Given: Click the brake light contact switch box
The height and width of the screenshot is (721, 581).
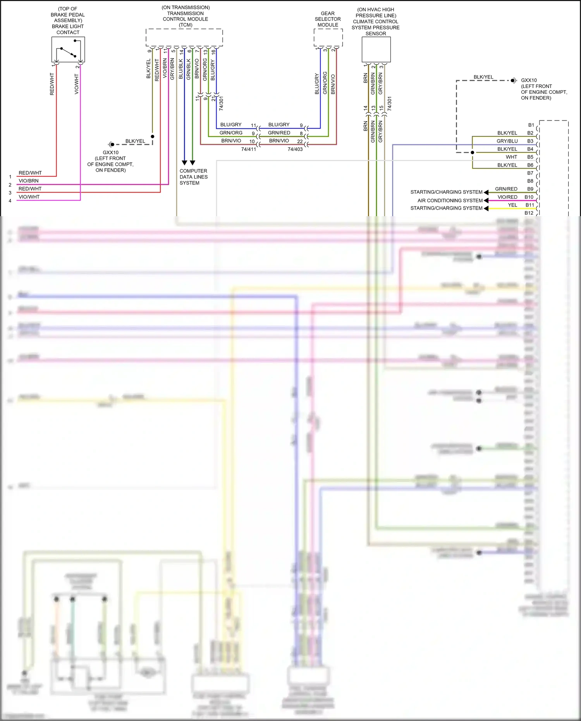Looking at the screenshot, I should (68, 49).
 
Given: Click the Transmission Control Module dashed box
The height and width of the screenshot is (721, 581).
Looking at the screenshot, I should (184, 37).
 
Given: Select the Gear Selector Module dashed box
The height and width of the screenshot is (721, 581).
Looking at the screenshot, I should (328, 37).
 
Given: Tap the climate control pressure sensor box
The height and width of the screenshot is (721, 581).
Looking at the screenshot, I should (376, 49).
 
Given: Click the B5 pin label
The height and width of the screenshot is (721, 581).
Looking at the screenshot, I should (530, 157).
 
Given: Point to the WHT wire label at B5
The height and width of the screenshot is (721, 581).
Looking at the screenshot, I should (511, 157).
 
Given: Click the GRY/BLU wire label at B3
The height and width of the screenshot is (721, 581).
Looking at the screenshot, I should (507, 141).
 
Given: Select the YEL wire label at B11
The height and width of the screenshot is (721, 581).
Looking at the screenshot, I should (512, 205).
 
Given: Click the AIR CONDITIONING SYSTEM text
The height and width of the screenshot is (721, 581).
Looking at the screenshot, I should (450, 200).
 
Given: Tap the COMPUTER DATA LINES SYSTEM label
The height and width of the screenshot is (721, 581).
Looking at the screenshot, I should (193, 177).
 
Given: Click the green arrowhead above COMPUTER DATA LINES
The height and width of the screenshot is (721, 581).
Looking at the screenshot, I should (193, 163).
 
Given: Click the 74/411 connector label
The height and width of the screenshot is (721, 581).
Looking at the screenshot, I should (249, 149).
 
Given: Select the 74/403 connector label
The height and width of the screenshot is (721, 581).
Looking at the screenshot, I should (295, 149).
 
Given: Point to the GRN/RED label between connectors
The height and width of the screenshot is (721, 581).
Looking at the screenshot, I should (279, 132).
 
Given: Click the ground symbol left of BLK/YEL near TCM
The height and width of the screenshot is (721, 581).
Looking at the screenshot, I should (111, 145).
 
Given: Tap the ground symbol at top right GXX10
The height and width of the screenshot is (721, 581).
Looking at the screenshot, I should (514, 81).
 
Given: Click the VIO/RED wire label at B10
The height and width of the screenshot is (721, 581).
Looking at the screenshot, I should (507, 197).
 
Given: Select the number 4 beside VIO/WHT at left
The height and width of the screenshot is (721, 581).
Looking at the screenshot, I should (10, 201).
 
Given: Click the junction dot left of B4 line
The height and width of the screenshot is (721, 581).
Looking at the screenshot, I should (472, 152).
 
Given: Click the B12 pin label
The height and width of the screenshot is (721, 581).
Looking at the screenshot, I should (529, 213).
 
